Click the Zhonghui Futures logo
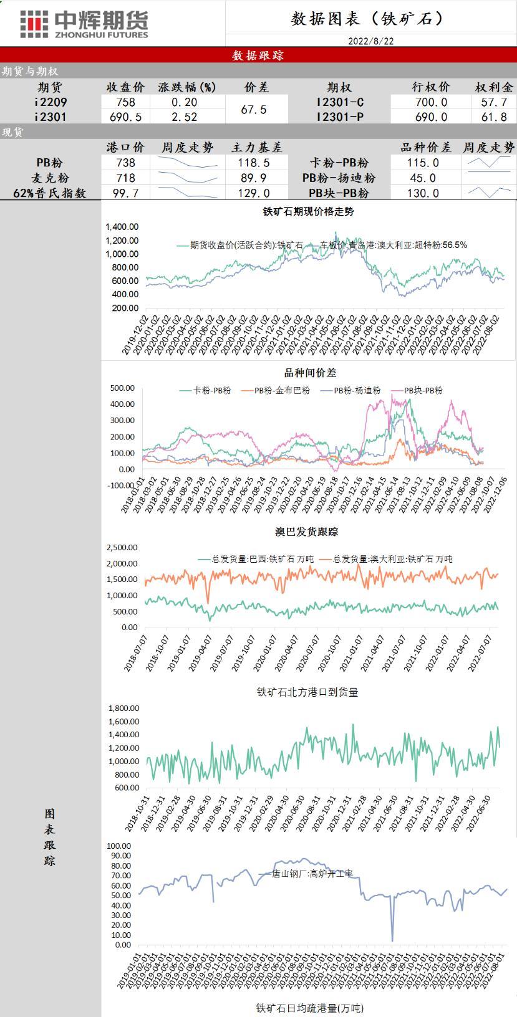(84, 24)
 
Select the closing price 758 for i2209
(125, 102)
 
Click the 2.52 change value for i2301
(184, 117)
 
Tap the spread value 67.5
(254, 110)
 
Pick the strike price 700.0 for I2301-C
(431, 102)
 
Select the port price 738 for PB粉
(125, 163)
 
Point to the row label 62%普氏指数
(50, 193)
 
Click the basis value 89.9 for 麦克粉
(254, 178)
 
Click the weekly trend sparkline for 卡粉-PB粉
(489, 162)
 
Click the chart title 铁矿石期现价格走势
(308, 212)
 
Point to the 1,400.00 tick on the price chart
(122, 227)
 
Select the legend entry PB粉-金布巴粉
(281, 391)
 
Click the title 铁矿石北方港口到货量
(307, 692)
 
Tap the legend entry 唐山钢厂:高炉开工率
(312, 874)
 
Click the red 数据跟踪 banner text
(258, 55)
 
